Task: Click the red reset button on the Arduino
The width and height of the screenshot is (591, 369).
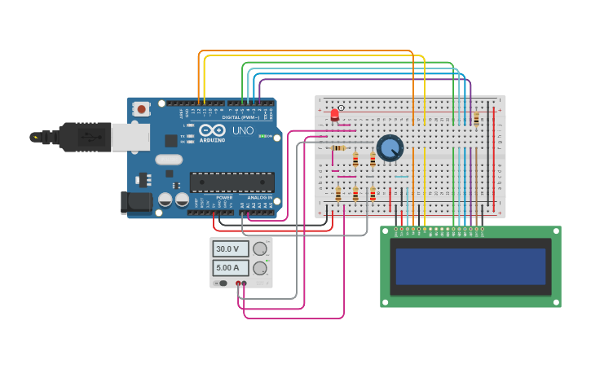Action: tap(142, 108)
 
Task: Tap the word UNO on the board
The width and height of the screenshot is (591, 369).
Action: tap(243, 130)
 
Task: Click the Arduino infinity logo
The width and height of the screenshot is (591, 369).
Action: tap(212, 130)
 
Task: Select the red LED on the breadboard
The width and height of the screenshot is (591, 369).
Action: tap(334, 115)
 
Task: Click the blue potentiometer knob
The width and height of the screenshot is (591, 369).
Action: tap(390, 147)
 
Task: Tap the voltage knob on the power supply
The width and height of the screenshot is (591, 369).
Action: tap(260, 248)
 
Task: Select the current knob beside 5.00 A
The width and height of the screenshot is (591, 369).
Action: tap(260, 267)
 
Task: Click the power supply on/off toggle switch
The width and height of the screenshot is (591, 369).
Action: tap(222, 283)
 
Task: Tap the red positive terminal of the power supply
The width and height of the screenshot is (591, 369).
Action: tap(238, 283)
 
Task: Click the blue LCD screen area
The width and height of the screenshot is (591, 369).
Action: tap(470, 266)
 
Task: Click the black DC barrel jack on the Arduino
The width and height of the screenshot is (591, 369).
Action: tap(135, 201)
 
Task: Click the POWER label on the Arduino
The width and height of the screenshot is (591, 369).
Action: tap(224, 197)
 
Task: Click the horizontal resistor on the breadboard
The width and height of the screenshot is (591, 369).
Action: tap(340, 148)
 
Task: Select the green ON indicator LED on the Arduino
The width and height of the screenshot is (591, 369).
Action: tap(261, 136)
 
